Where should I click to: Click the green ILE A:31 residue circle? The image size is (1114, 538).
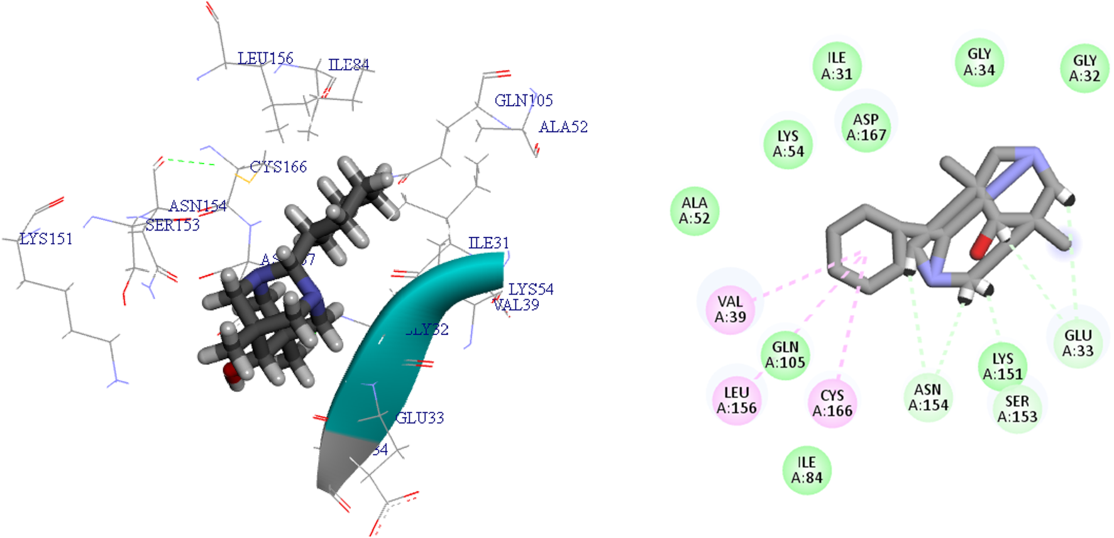click(836, 66)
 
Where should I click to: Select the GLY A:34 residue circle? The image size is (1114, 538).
click(979, 62)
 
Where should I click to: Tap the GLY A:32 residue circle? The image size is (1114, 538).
click(1084, 68)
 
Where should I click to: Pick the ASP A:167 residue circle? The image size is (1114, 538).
click(866, 127)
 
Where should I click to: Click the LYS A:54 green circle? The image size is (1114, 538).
click(788, 144)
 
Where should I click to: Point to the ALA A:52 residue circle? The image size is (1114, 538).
click(694, 211)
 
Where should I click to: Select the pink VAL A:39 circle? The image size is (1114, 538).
click(730, 309)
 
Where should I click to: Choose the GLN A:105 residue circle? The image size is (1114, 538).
click(785, 355)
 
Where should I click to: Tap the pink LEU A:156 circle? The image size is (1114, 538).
click(736, 400)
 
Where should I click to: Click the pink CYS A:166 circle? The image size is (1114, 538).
click(832, 403)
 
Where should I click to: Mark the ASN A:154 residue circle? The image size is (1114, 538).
click(928, 397)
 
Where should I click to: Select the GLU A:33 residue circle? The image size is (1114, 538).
click(1078, 343)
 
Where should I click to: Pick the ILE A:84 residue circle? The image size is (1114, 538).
click(807, 470)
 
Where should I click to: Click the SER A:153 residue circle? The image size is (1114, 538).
click(1017, 409)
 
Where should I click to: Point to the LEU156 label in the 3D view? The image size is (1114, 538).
click(265, 58)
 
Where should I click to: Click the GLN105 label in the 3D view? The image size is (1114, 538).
click(524, 101)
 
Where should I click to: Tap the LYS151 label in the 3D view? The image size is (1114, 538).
click(46, 239)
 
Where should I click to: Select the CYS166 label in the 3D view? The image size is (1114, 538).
click(278, 167)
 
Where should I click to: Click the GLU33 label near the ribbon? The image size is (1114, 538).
click(419, 418)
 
